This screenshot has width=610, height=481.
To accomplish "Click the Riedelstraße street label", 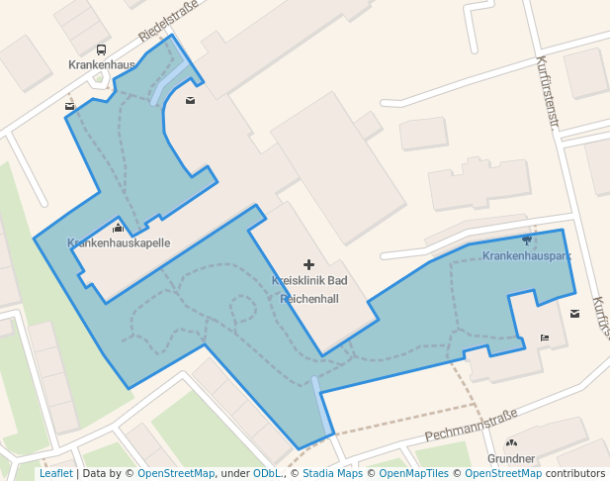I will pos(168,21).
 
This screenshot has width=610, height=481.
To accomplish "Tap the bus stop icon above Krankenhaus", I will pos(101,49).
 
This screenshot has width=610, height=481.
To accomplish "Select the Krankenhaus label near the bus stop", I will pos(101,64).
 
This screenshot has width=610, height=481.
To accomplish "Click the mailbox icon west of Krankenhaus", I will pos(69,106).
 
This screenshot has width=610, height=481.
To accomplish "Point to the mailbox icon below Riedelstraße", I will pos(190,100).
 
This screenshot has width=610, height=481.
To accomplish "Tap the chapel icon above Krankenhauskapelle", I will pos(118,229).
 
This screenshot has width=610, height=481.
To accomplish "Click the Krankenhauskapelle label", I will pos(119,242).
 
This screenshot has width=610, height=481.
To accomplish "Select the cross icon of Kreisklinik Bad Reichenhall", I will pos(308,264).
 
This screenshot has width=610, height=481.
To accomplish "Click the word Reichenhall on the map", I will pos(309,298).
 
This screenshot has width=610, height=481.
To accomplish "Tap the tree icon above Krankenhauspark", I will pos(526,240).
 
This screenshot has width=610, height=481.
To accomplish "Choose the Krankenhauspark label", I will pos(527,255).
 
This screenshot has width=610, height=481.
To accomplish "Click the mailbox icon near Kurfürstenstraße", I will pos(575,315).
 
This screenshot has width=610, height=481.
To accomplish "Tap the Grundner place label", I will pos(511,458).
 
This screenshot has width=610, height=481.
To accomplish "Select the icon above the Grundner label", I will pos(511,443).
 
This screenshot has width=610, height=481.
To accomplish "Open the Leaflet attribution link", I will pos(55,474).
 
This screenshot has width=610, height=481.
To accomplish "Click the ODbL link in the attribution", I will pos(267,474).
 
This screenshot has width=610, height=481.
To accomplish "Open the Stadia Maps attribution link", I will pos(332,474).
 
